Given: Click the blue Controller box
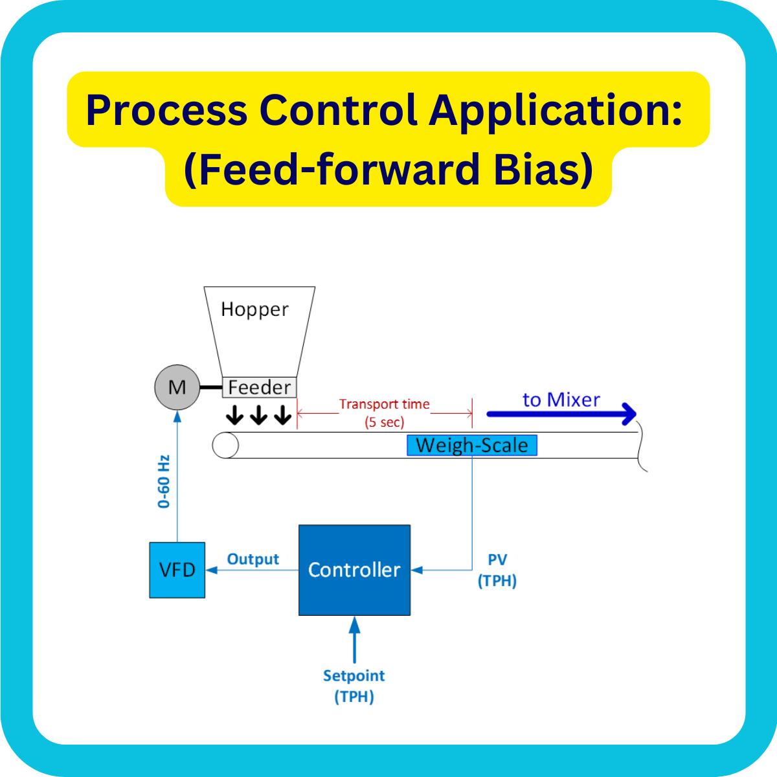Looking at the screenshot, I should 354,570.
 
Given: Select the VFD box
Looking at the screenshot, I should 177,570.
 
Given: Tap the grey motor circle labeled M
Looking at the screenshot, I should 177,387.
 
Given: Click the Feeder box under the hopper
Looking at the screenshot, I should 260,387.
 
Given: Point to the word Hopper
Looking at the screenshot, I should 254,310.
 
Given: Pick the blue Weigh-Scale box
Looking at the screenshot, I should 472,445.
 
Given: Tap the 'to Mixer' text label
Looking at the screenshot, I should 561,400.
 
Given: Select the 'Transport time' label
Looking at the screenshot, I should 384,404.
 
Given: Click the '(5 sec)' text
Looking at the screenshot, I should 384,422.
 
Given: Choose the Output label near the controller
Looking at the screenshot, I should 253,559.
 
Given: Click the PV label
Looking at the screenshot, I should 497,559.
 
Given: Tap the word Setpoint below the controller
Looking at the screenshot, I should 354,676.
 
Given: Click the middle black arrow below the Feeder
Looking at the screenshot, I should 258,414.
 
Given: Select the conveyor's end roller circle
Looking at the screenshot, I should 226,445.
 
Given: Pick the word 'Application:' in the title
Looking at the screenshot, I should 555,110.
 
